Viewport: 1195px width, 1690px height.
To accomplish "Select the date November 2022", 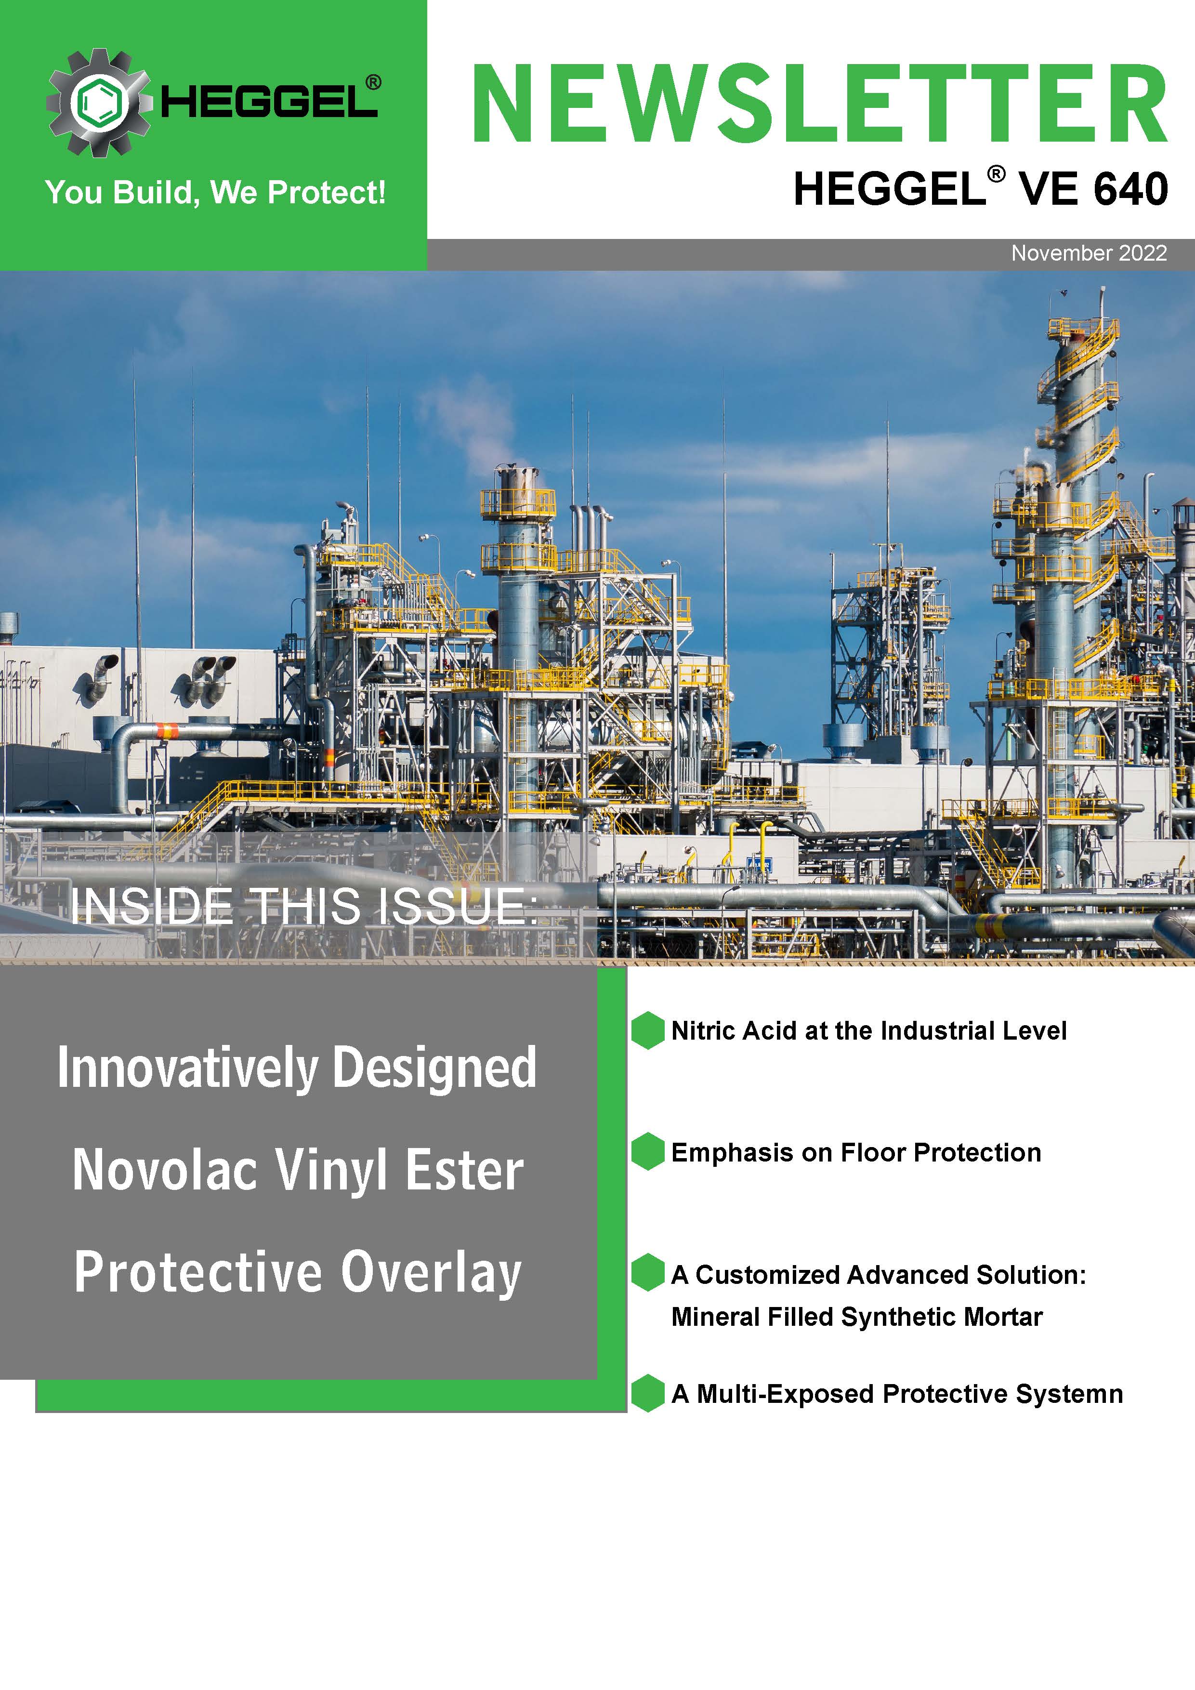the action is [1089, 253].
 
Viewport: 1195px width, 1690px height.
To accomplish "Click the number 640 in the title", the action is [1131, 189].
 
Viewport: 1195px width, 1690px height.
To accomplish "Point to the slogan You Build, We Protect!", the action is [215, 193].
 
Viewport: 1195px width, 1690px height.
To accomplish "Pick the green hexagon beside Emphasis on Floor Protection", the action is [647, 1152].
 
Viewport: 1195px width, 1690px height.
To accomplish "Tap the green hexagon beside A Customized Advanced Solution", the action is [647, 1273].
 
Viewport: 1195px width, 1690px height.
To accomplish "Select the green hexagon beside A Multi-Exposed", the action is [647, 1393].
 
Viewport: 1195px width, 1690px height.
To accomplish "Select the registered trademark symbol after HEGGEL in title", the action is [997, 174].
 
